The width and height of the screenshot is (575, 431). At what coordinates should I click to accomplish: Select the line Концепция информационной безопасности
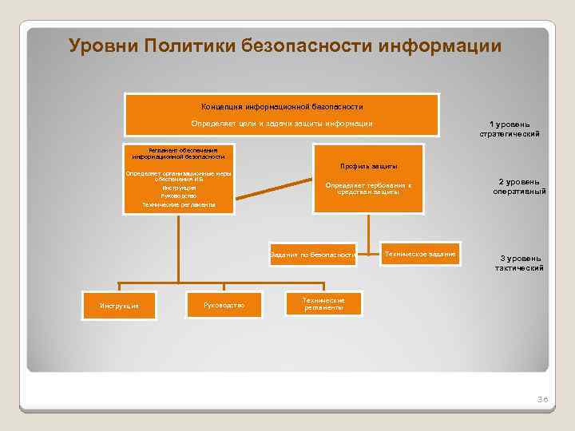[282, 106]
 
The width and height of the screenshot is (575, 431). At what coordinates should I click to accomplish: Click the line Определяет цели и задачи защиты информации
[282, 123]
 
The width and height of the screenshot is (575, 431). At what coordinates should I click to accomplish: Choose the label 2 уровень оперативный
[519, 187]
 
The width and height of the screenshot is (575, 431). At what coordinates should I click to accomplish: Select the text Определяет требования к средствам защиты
[368, 188]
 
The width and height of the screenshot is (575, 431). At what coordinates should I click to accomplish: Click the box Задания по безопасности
[313, 255]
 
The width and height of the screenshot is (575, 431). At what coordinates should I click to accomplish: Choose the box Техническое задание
[420, 254]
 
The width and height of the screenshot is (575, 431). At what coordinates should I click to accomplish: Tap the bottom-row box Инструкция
[119, 305]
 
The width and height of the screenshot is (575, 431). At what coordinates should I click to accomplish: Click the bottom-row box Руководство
[224, 304]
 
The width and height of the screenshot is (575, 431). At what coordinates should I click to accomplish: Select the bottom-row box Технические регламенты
[323, 303]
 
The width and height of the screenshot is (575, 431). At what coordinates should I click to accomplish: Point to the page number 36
[542, 398]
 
